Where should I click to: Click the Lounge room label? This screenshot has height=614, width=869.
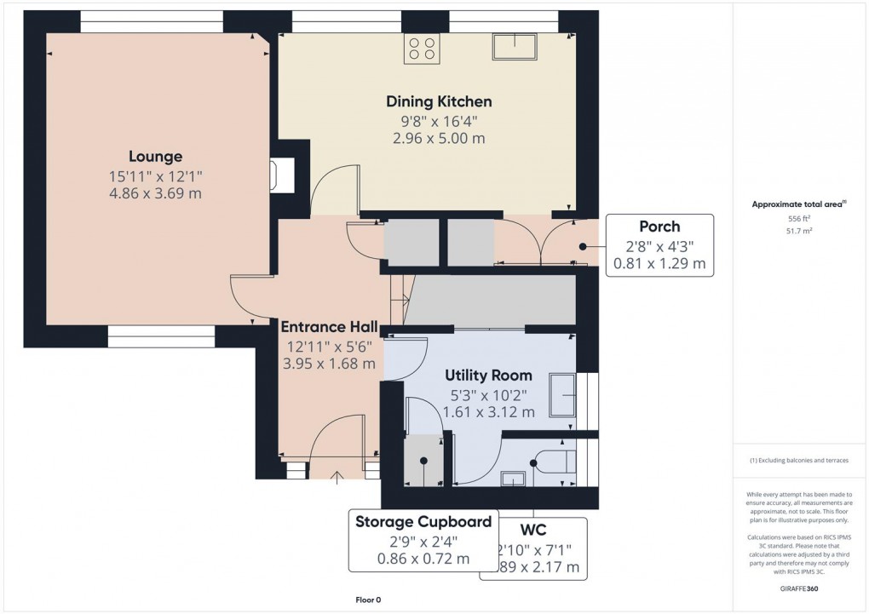pyautogui.click(x=155, y=156)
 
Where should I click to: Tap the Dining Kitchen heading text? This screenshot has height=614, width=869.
pyautogui.click(x=439, y=101)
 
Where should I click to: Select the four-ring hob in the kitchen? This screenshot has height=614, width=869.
pyautogui.click(x=423, y=49)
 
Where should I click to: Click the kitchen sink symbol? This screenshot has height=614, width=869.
pyautogui.click(x=515, y=47)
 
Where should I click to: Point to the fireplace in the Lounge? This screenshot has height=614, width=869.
pyautogui.click(x=279, y=175)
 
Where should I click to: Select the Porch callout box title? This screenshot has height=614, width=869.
pyautogui.click(x=659, y=227)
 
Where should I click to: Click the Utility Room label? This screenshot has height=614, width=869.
pyautogui.click(x=489, y=375)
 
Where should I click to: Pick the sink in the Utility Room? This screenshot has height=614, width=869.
pyautogui.click(x=562, y=395)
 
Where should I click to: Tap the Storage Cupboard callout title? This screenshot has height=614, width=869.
pyautogui.click(x=423, y=521)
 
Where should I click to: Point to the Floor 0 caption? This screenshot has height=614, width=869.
pyautogui.click(x=368, y=600)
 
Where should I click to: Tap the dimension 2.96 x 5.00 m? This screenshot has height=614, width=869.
pyautogui.click(x=439, y=138)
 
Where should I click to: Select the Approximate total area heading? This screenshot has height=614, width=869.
pyautogui.click(x=797, y=204)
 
